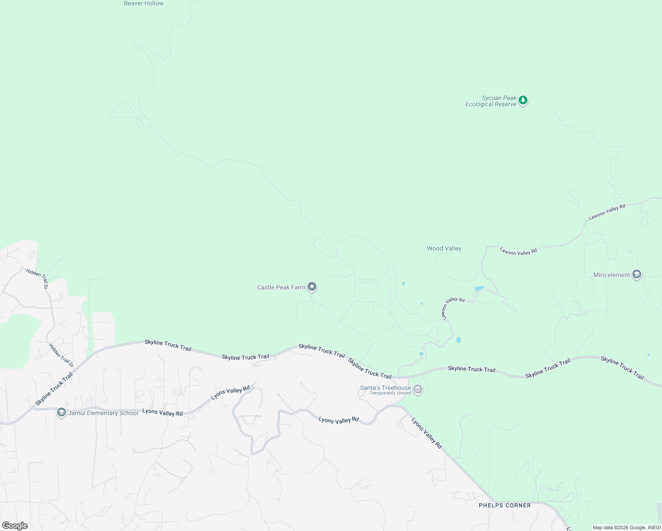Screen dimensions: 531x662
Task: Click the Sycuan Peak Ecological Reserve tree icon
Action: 523,100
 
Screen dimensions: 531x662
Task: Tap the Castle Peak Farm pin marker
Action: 312,287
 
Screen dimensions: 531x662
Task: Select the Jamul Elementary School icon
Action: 62,412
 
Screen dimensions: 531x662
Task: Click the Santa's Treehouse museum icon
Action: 418,389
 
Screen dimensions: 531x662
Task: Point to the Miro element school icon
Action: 636,274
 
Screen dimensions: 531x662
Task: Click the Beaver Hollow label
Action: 144,4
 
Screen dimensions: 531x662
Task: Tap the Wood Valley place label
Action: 444,248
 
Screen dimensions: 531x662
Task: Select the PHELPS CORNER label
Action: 504,505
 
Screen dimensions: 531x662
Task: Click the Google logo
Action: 15,526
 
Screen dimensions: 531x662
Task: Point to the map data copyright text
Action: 627,527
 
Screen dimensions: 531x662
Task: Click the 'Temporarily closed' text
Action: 390,393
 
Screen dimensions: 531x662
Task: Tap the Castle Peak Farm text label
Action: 281,287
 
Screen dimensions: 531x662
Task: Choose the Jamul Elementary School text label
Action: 103,413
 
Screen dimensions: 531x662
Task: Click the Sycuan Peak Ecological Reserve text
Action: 491,101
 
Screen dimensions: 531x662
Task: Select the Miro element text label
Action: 611,275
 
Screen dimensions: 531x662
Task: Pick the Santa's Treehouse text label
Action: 385,388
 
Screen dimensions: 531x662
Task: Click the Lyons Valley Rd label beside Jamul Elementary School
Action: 162,412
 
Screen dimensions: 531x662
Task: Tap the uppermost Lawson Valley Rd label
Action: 607,212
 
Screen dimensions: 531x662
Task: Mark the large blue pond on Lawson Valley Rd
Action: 480,289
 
